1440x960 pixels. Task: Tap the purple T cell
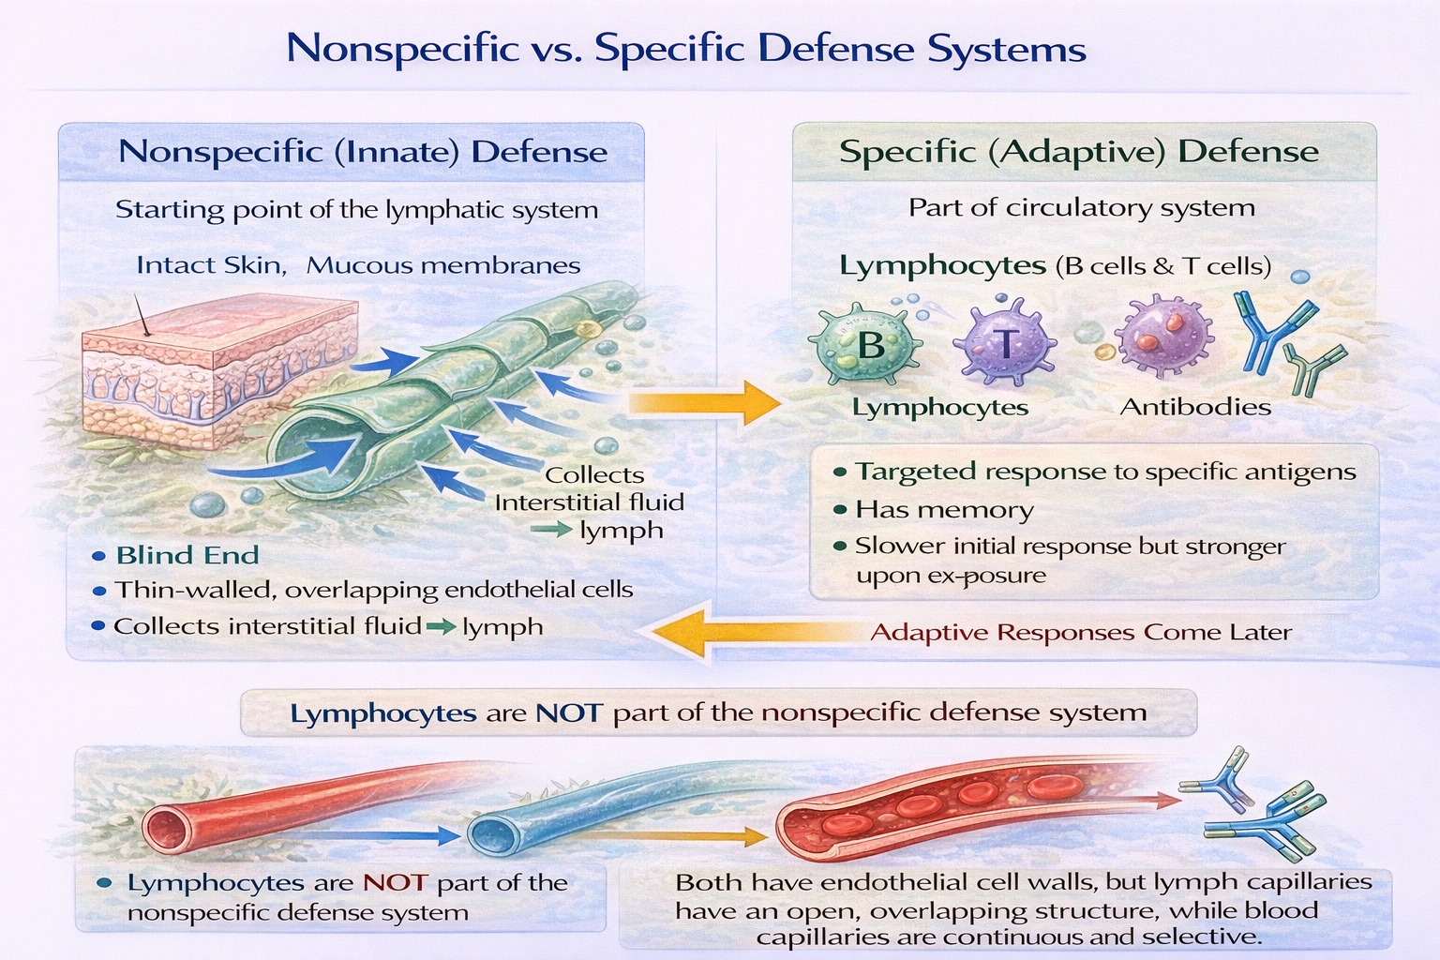point(1003,344)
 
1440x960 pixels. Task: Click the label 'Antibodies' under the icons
point(1195,407)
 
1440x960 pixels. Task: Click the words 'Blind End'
point(187,555)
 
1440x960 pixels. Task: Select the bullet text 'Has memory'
point(943,510)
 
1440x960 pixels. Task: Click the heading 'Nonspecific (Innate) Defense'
point(363,152)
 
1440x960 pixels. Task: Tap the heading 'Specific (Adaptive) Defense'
point(1078,152)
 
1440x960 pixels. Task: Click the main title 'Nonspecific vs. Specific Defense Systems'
point(685,49)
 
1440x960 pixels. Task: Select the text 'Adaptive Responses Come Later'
point(1080,633)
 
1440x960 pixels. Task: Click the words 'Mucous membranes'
point(442,265)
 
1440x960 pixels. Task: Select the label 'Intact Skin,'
point(210,265)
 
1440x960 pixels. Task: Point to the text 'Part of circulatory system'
point(1081,208)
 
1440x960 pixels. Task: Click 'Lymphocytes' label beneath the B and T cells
point(939,408)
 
